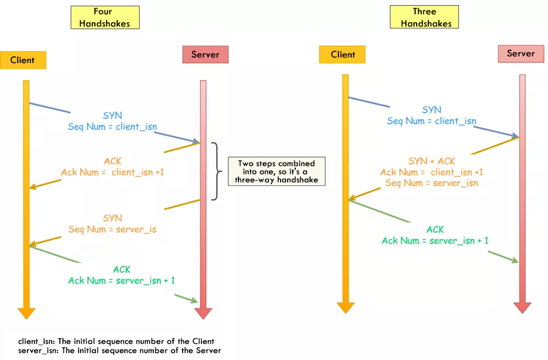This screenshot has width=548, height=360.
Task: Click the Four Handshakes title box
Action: [105, 17]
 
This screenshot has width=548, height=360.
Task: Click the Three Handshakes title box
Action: [424, 17]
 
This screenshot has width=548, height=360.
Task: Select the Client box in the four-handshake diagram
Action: [23, 60]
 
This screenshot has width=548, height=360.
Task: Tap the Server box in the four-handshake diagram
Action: [205, 54]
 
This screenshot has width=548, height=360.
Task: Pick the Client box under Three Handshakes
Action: [342, 54]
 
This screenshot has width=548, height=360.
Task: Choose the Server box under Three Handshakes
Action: [521, 53]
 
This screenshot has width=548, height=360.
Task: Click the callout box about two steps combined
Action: [276, 172]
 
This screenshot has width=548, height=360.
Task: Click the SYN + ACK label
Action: [432, 161]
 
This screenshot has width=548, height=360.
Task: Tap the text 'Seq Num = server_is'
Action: [113, 229]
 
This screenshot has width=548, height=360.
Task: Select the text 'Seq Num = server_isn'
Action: [431, 183]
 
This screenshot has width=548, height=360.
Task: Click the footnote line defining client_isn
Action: [116, 341]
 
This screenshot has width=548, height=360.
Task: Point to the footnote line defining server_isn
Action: [119, 350]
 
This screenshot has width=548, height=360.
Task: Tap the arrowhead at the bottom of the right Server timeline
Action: [522, 307]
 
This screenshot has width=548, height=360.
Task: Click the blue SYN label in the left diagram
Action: [113, 116]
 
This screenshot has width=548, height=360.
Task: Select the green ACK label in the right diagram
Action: [435, 230]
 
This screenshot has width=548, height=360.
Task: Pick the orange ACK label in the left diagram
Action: [113, 161]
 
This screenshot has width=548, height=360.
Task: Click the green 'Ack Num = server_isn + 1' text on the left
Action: [122, 280]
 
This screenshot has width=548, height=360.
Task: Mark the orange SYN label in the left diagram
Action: [113, 218]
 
